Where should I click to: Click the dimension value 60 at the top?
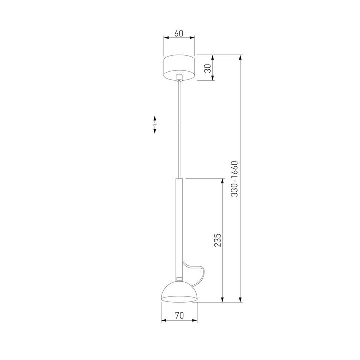click(179, 34)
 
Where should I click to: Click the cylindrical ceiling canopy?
click(179, 66)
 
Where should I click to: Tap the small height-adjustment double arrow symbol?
click(155, 124)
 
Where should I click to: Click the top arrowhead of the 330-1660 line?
click(242, 57)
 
